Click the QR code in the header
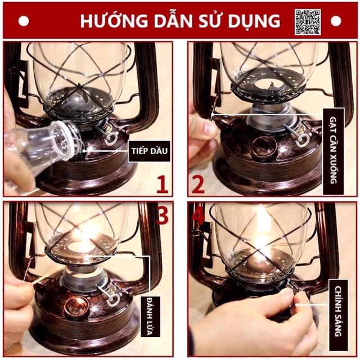point(308,21)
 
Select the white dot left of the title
point(24,21)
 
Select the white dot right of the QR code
point(336,21)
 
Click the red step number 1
point(162,184)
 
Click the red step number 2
point(197,184)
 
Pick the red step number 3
point(162,216)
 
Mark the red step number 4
point(197,216)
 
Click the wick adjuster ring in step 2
point(303,138)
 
